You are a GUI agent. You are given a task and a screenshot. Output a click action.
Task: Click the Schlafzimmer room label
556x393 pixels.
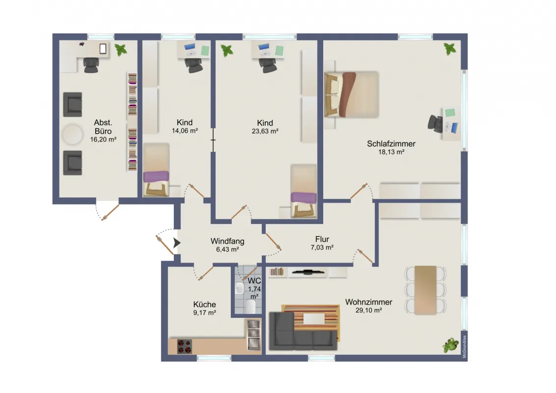391,143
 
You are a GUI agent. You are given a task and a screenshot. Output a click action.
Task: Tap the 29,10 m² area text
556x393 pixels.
369,310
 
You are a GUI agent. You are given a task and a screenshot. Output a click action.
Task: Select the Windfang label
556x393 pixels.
227,241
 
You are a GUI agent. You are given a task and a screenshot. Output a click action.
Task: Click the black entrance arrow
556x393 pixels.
177,243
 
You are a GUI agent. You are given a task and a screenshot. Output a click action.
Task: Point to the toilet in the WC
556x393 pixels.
250,307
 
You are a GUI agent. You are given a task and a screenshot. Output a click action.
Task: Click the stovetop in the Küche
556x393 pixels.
184,347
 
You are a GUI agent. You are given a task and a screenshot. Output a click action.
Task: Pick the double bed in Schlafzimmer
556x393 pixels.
351,94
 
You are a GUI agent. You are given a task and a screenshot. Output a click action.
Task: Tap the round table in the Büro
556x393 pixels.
73,134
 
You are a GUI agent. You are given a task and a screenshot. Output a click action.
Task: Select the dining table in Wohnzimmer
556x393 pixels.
425,290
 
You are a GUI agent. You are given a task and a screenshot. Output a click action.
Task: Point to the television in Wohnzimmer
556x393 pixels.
307,272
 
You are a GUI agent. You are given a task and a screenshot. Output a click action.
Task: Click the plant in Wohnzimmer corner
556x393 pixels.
451,345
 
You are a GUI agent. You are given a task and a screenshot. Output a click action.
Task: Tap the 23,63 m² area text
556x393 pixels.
265,131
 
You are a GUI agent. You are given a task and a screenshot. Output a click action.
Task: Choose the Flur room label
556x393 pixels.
322,239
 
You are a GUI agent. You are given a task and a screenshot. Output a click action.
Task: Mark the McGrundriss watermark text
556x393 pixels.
464,346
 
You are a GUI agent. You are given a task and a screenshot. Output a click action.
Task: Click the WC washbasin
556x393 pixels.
240,288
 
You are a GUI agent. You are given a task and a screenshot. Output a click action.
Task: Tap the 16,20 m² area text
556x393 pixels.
103,140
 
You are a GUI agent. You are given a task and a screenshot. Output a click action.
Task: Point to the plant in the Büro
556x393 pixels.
120,49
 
